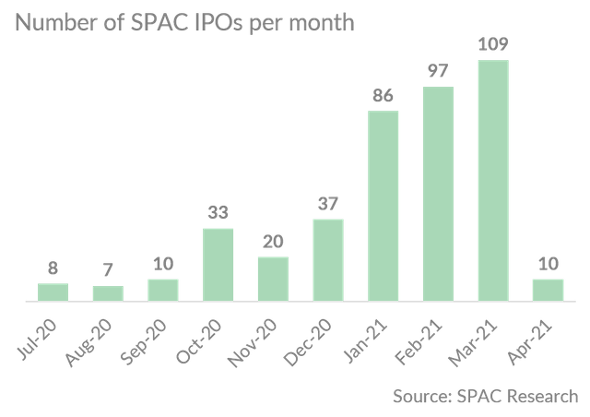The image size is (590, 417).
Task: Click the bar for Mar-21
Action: (493, 181)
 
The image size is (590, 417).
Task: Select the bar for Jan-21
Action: (383, 206)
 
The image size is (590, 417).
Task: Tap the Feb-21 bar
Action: (438, 194)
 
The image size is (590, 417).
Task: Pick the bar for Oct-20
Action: (218, 264)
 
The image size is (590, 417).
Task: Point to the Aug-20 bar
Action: (107, 293)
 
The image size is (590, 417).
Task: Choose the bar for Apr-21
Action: (548, 290)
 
